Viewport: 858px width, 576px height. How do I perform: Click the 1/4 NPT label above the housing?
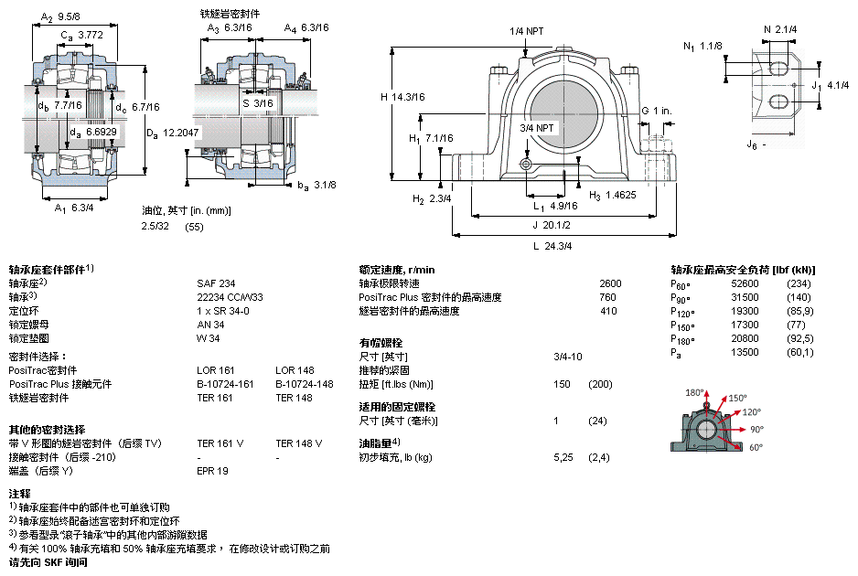coord(527,32)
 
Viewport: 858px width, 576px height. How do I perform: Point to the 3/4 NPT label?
coord(537,128)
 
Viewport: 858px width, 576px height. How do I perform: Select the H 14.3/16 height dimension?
coord(403,97)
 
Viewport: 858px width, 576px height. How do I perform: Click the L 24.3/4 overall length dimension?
coord(552,245)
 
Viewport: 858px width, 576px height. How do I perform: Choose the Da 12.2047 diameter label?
coord(173,133)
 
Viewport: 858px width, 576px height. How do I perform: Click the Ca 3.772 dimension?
coord(81,35)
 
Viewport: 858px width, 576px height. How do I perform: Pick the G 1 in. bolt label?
coord(656,111)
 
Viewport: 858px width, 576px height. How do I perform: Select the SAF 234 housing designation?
coord(216,283)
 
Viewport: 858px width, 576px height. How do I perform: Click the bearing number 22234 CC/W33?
coord(230,297)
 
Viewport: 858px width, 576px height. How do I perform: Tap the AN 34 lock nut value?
coord(210,325)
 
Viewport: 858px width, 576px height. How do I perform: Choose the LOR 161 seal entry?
coord(215,370)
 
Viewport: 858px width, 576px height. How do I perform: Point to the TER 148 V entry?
coord(298,443)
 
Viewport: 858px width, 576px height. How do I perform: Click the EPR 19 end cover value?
coord(212,471)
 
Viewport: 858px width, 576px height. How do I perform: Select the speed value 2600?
coord(609,283)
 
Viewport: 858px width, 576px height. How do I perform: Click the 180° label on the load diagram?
coord(694,392)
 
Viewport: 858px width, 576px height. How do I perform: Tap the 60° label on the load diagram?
coord(756,448)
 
